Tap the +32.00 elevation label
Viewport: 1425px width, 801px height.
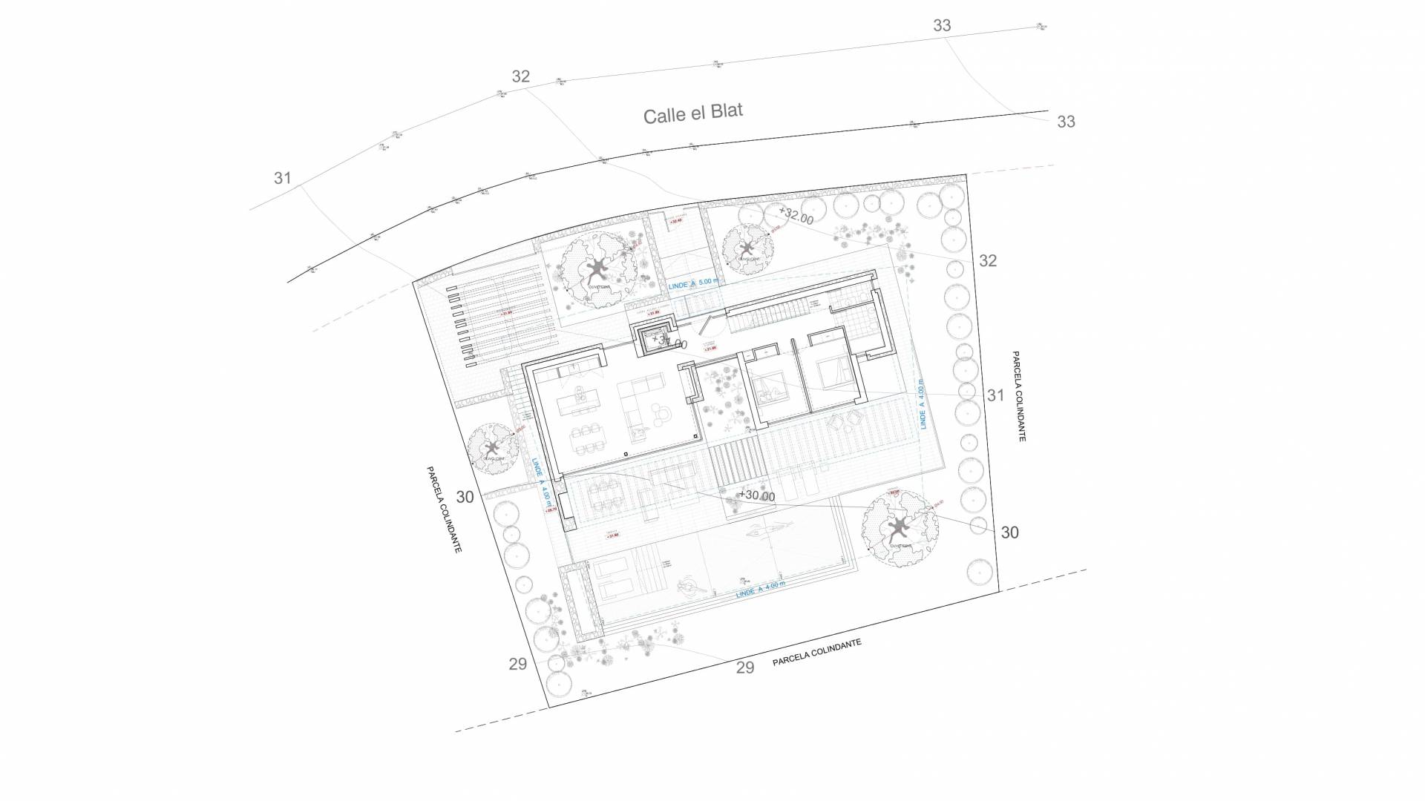[x=796, y=217]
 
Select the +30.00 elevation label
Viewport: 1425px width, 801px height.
[x=756, y=496]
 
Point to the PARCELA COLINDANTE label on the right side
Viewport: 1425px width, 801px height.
[x=1018, y=396]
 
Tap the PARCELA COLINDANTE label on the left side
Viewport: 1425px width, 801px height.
[x=444, y=509]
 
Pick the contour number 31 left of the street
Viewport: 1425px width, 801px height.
[x=282, y=178]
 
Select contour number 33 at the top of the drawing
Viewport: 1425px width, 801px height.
[x=941, y=25]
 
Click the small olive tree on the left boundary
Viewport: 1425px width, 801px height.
[x=492, y=447]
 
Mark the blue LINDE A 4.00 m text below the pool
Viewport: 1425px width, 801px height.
[x=760, y=590]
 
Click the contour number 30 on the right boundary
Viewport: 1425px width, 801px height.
[x=1009, y=533]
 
